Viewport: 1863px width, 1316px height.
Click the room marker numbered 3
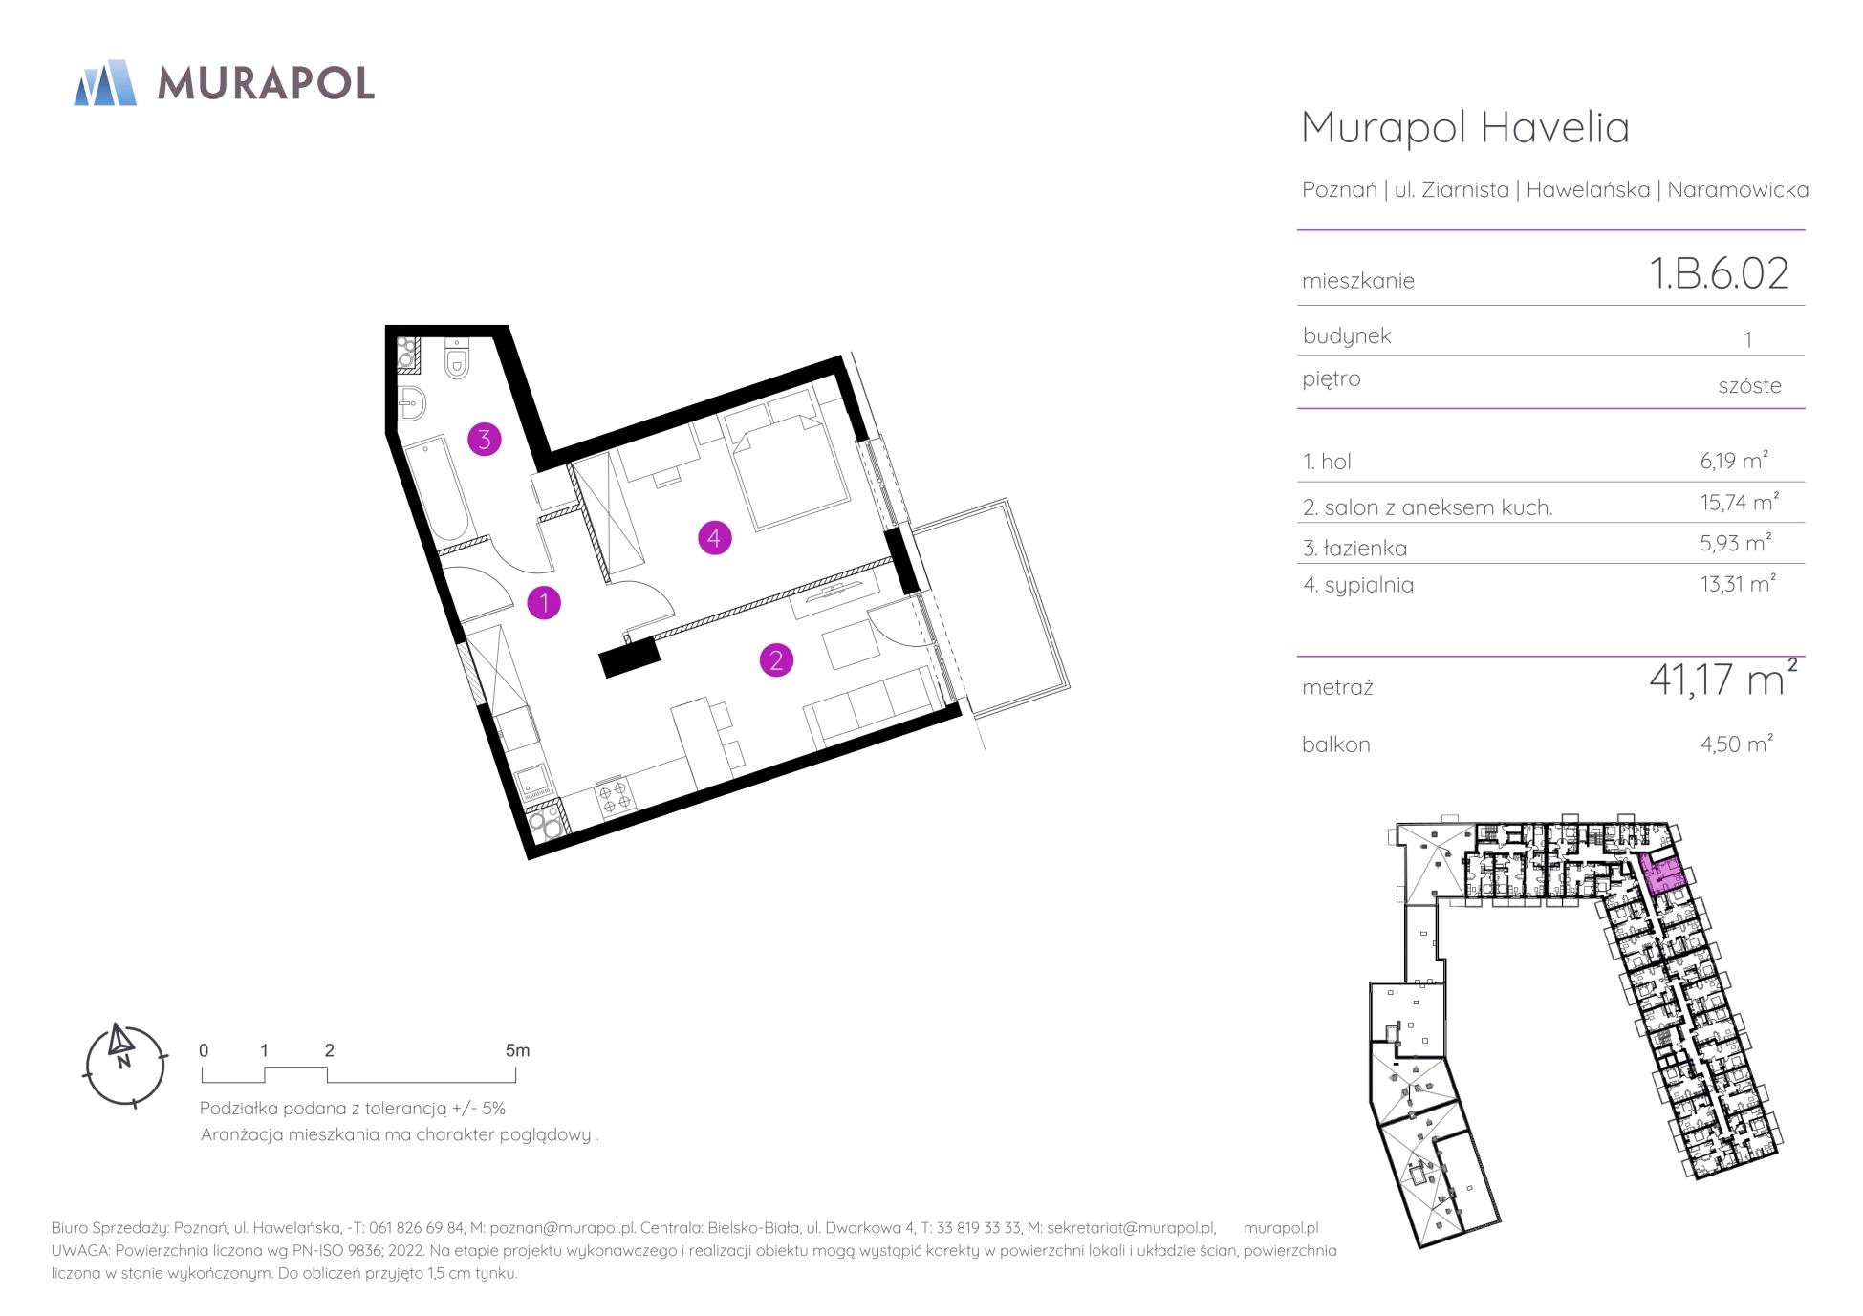(x=485, y=440)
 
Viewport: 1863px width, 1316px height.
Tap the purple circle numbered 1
(x=544, y=602)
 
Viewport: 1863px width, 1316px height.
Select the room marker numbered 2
(x=776, y=659)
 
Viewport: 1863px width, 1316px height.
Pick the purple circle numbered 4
(x=714, y=538)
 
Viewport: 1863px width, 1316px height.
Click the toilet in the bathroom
(x=458, y=359)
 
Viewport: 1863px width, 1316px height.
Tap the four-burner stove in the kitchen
(x=615, y=796)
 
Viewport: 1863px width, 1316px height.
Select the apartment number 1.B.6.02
(x=1719, y=273)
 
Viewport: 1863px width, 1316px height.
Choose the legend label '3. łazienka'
(x=1354, y=548)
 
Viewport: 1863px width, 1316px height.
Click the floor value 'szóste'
(x=1749, y=385)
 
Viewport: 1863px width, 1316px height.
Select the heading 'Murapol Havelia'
(x=1465, y=127)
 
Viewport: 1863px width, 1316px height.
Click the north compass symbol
(x=125, y=1065)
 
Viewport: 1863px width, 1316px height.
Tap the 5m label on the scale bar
(x=517, y=1050)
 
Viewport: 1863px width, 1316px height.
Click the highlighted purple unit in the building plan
(x=1662, y=874)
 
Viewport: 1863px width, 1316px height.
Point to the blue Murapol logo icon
(x=105, y=82)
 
